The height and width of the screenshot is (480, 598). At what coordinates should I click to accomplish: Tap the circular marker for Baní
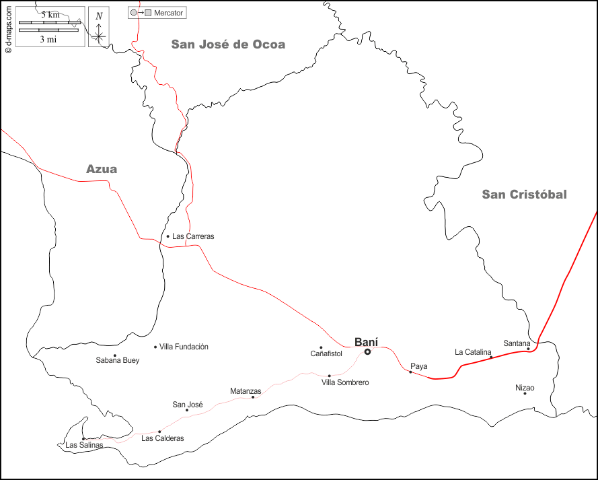click(367, 351)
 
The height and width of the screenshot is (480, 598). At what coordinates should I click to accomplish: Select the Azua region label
click(102, 169)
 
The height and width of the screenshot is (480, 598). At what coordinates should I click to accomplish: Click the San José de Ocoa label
click(228, 44)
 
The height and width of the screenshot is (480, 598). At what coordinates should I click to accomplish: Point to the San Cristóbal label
click(524, 195)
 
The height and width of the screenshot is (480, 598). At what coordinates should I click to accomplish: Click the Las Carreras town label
click(193, 236)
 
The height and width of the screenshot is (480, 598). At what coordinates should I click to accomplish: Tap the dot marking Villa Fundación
click(155, 347)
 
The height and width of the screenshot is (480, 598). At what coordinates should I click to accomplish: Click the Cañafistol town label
click(326, 353)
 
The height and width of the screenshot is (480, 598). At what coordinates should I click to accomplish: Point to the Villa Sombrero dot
click(329, 376)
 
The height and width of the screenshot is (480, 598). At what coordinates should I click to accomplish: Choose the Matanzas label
click(246, 390)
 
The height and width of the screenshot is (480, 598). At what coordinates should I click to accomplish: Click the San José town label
click(188, 405)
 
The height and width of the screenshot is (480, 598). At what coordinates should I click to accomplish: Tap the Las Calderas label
click(162, 438)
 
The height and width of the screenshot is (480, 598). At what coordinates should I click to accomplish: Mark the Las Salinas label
click(84, 445)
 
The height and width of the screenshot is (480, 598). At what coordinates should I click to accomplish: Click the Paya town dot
click(410, 372)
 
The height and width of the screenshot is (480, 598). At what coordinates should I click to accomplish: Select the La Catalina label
click(473, 352)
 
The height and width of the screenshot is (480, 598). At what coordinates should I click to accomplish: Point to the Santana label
click(517, 343)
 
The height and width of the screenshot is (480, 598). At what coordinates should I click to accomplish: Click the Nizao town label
click(525, 388)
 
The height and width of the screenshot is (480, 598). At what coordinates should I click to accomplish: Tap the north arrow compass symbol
click(99, 27)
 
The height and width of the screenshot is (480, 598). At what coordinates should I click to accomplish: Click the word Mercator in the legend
click(169, 13)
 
